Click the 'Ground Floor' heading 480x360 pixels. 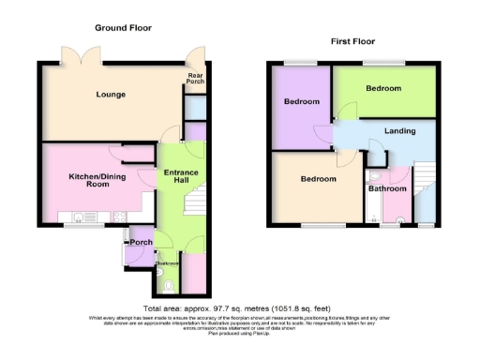click(123, 28)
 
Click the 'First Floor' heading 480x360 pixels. click(353, 41)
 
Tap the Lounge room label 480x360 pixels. click(110, 95)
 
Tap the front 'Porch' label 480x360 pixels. click(142, 242)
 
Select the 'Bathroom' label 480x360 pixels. click(387, 188)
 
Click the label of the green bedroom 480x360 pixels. click(383, 88)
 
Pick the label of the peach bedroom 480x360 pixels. click(318, 178)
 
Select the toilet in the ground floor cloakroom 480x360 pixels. click(169, 284)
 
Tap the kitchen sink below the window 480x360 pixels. click(121, 217)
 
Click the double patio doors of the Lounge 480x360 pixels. click(74, 55)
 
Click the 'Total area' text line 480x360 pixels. click(239, 308)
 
